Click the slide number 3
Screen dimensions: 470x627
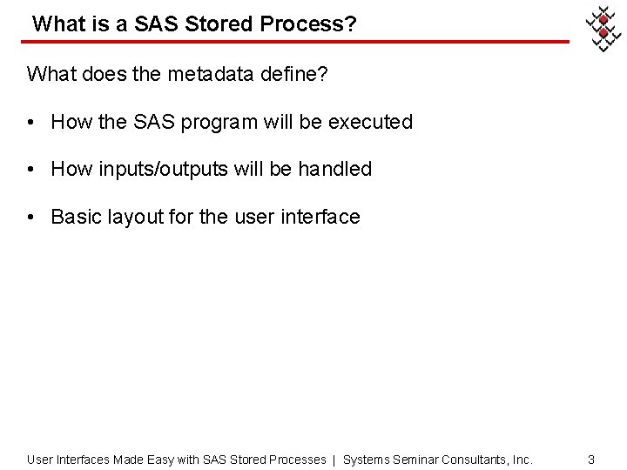tap(591, 459)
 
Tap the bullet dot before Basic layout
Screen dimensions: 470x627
tap(31, 217)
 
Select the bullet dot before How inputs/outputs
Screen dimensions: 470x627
tap(31, 169)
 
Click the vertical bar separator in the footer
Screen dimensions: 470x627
tap(334, 459)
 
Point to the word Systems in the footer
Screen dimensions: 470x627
tap(366, 459)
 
